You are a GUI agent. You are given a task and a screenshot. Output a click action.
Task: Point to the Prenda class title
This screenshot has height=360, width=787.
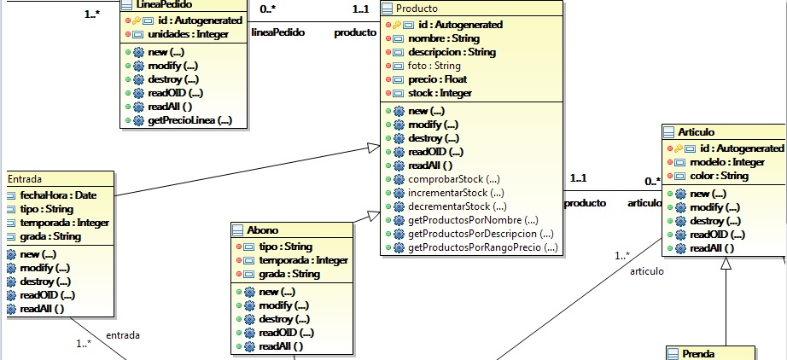coord(697,353)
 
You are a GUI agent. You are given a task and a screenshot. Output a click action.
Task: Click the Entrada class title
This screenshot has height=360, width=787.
coord(25,178)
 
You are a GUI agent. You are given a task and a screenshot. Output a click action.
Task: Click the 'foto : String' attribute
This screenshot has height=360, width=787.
coord(434,66)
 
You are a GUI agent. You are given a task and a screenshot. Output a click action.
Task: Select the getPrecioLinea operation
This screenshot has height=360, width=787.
coord(189,120)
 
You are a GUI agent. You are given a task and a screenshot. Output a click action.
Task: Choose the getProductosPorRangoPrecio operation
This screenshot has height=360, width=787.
coord(483,247)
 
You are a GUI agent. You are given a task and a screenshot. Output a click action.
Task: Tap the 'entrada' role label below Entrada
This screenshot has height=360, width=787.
coord(123,335)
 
